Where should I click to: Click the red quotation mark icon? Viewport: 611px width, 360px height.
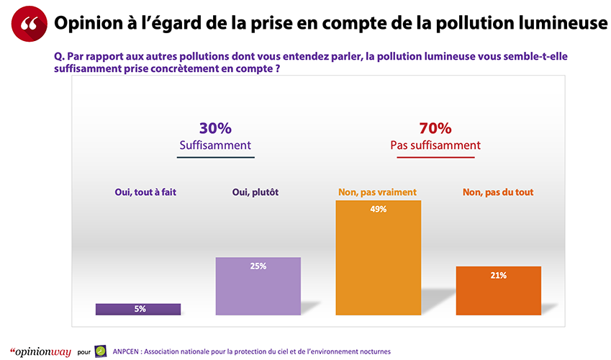pyautogui.click(x=29, y=23)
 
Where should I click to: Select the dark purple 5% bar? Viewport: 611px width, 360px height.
pyautogui.click(x=138, y=309)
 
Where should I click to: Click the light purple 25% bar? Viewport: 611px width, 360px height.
pyautogui.click(x=258, y=286)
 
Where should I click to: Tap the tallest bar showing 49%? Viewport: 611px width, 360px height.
pyautogui.click(x=379, y=258)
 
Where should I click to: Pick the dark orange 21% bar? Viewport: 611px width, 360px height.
pyautogui.click(x=499, y=290)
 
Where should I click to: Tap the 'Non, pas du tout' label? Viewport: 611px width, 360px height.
pyautogui.click(x=499, y=192)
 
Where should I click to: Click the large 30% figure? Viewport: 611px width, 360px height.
pyautogui.click(x=215, y=128)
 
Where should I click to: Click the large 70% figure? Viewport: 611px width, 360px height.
pyautogui.click(x=435, y=128)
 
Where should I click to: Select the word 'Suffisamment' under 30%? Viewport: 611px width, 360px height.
pyautogui.click(x=215, y=145)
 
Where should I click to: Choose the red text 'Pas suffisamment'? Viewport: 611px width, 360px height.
pyautogui.click(x=435, y=145)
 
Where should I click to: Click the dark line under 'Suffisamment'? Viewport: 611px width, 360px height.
pyautogui.click(x=215, y=157)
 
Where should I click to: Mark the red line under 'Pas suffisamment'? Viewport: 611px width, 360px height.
pyautogui.click(x=435, y=157)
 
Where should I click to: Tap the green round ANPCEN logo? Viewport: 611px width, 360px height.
pyautogui.click(x=101, y=351)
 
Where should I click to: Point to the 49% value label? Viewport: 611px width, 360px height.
pyautogui.click(x=379, y=210)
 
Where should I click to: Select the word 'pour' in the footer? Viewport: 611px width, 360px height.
pyautogui.click(x=83, y=351)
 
